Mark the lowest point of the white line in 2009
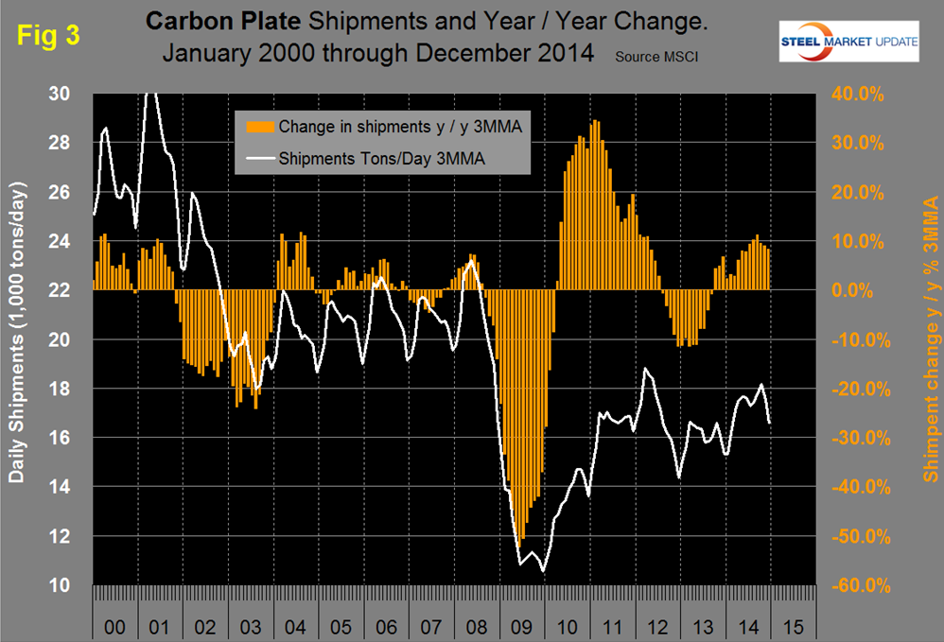(x=543, y=571)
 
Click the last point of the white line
(x=770, y=423)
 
